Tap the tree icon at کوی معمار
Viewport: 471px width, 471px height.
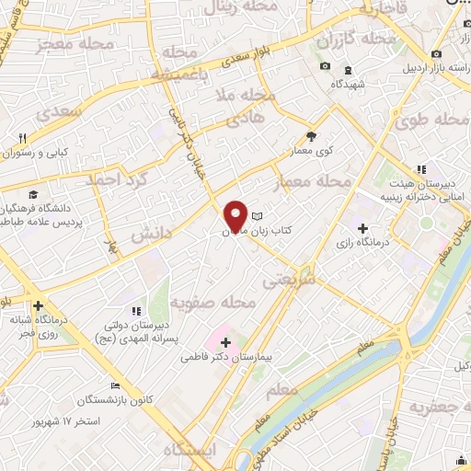[311, 133]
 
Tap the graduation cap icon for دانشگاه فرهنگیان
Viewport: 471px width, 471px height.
[33, 196]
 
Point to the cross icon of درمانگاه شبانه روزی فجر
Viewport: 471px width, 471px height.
[38, 306]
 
